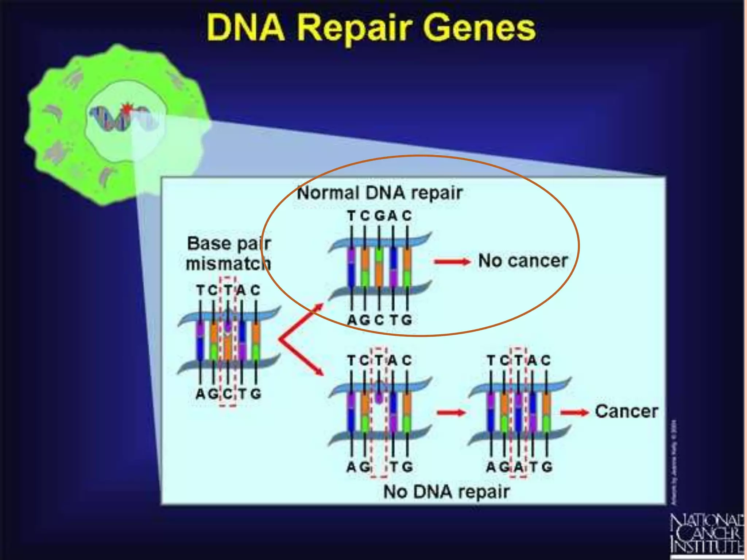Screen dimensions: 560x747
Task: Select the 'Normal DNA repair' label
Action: point(379,193)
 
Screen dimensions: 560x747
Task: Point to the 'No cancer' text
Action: point(523,261)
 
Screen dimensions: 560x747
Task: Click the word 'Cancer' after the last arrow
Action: point(626,412)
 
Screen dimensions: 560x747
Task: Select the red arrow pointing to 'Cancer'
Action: point(574,412)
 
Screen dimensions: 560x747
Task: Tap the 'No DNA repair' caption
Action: point(446,492)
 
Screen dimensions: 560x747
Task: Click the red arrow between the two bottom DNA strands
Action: point(451,412)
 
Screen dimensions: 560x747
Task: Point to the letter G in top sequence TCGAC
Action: point(380,216)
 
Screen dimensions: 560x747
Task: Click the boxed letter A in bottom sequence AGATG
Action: point(518,467)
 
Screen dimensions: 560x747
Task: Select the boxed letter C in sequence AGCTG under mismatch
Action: point(228,394)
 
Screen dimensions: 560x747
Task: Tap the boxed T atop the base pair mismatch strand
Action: point(228,291)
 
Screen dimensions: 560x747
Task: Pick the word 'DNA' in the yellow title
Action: point(245,28)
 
